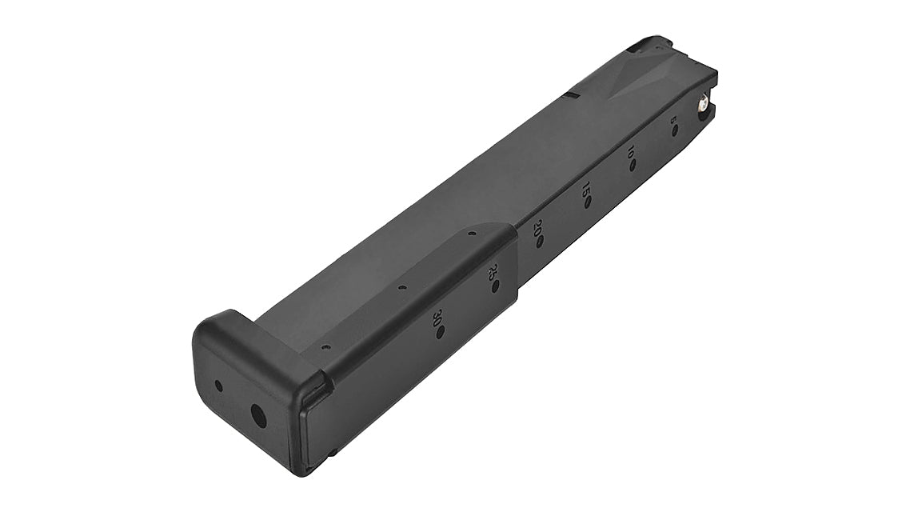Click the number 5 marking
click(x=673, y=120)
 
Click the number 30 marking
click(x=436, y=318)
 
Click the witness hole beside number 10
click(x=633, y=166)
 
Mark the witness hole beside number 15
click(x=588, y=203)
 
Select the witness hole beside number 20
click(x=541, y=242)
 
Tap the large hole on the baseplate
click(x=257, y=414)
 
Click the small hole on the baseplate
click(x=218, y=386)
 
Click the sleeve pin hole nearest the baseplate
click(x=325, y=347)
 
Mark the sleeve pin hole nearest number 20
click(x=473, y=234)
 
